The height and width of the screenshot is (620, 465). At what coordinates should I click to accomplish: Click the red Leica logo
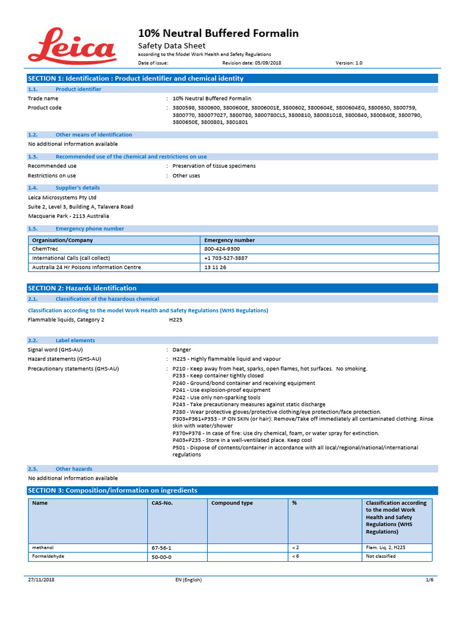[x=71, y=46]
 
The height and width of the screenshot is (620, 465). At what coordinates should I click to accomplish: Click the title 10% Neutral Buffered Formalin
[x=219, y=33]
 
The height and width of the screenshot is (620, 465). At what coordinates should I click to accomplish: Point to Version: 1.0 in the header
[x=349, y=62]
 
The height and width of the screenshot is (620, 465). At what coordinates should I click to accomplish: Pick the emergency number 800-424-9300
[x=222, y=249]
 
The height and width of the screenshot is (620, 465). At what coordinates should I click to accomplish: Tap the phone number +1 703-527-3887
[x=226, y=258]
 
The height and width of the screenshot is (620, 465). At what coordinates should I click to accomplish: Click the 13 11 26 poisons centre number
[x=215, y=267]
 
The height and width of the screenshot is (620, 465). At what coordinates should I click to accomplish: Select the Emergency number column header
[x=229, y=240]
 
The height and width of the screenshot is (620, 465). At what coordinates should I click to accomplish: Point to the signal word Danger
[x=182, y=350]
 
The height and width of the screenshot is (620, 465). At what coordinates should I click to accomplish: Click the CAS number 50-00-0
[x=162, y=557]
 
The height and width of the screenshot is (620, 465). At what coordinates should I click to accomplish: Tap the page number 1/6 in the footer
[x=430, y=580]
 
